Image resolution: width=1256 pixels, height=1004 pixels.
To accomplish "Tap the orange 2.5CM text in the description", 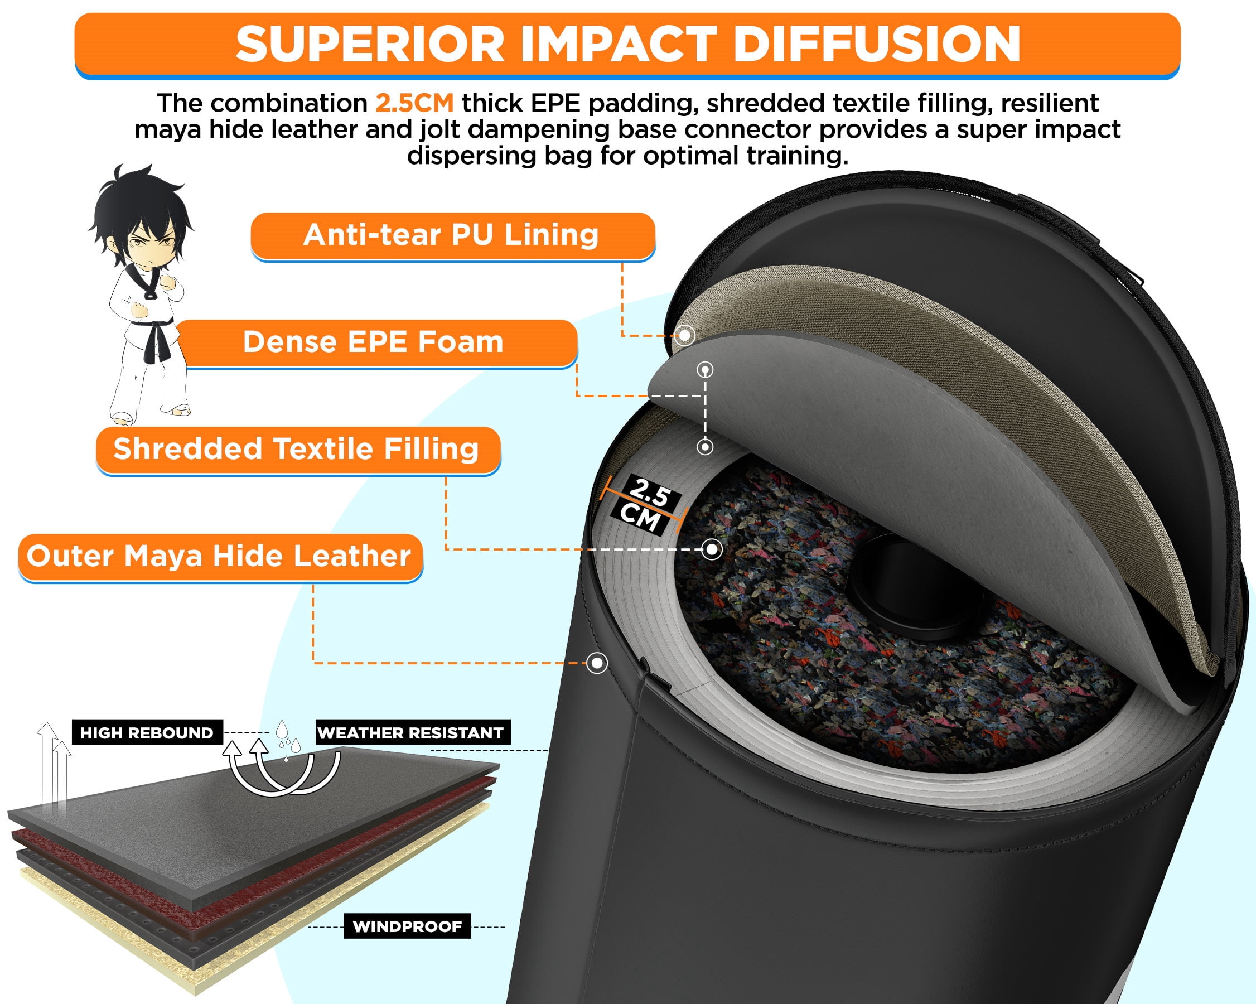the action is (414, 103).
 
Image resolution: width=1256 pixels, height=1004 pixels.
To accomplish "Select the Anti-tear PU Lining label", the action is (453, 235).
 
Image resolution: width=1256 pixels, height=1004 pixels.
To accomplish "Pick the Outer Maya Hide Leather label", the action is (220, 557).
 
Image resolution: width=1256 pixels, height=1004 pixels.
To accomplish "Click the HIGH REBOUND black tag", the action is (147, 732).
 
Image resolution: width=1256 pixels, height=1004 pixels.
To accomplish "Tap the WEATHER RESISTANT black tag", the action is (412, 732).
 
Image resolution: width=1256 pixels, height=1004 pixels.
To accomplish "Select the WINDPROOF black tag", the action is (407, 926).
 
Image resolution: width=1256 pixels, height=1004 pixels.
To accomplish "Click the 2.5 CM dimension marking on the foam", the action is (645, 505).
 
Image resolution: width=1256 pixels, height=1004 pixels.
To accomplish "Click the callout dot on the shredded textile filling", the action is (711, 549).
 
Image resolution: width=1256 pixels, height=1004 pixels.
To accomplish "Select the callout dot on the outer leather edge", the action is (597, 663).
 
